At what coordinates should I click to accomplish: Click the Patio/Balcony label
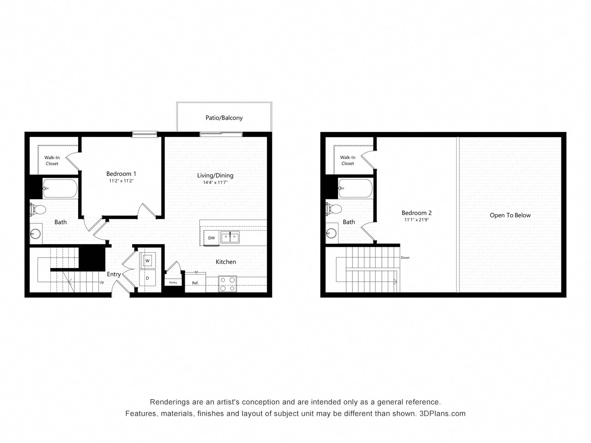point(224,118)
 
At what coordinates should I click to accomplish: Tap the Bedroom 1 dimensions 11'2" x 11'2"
point(121,181)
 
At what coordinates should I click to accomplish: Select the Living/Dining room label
point(215,175)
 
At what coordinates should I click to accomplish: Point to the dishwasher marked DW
point(211,238)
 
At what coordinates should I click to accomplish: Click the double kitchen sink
point(230,237)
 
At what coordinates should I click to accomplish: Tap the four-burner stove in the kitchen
point(227,284)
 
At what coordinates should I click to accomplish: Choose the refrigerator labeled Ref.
point(195,282)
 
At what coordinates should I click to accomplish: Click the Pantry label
point(173,282)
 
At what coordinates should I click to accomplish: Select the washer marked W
point(147,261)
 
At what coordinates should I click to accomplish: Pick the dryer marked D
point(147,278)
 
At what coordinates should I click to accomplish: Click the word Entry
point(114,275)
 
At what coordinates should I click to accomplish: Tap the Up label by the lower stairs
point(102,282)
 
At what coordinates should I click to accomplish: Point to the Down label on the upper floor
point(405,257)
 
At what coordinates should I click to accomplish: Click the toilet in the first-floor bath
point(38,209)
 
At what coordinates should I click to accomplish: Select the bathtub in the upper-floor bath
point(356,188)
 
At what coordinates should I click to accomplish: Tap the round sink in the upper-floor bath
point(331,233)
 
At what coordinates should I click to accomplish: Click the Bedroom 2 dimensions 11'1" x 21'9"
point(416,220)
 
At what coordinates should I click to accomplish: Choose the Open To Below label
point(510,215)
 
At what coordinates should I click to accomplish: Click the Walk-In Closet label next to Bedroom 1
point(52,161)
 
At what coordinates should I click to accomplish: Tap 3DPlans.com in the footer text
point(442,413)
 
